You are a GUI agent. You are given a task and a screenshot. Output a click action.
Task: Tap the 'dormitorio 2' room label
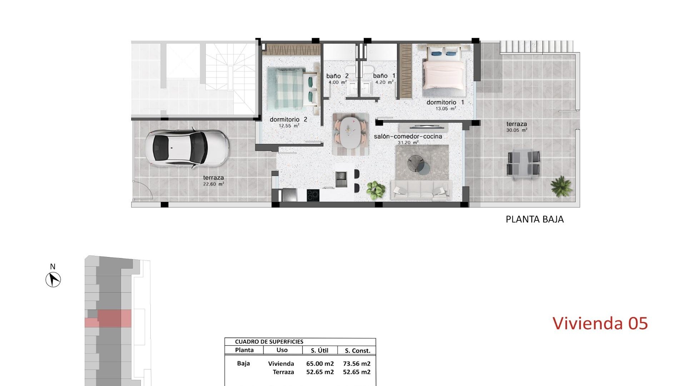288,120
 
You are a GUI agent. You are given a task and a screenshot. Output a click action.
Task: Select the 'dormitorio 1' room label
445,103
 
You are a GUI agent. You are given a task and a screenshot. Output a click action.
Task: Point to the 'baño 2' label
337,76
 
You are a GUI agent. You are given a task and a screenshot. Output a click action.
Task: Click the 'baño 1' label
384,76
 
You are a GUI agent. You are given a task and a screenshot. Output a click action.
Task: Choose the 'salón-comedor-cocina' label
408,137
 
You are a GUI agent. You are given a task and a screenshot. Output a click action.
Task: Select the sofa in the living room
421,190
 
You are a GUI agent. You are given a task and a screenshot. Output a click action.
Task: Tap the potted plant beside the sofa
376,188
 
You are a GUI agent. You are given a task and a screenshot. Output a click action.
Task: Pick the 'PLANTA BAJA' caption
535,219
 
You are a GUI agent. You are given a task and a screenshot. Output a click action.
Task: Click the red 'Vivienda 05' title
600,323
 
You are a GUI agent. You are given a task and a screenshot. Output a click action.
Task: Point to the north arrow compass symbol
53,279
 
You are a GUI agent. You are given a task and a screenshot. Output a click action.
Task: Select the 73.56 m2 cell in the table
357,364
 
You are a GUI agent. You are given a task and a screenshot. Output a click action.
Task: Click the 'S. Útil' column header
319,351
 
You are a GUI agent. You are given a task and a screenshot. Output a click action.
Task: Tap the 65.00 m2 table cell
320,364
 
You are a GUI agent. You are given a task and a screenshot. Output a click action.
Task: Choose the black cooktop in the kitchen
313,195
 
